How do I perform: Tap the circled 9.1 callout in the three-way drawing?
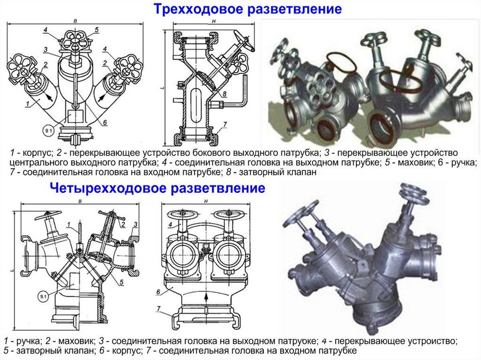(x=48, y=130)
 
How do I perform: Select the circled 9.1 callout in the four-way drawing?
(x=43, y=297)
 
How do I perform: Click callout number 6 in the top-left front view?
(x=105, y=123)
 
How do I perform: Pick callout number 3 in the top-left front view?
(x=46, y=50)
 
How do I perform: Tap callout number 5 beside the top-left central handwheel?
(x=97, y=30)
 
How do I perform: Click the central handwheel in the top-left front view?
(x=76, y=41)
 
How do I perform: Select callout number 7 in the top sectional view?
(x=225, y=124)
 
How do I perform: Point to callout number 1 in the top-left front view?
(x=28, y=104)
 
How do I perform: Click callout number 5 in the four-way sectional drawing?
(x=122, y=282)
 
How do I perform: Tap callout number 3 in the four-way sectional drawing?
(x=135, y=224)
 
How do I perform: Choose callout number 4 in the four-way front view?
(x=170, y=225)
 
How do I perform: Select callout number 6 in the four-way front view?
(x=158, y=292)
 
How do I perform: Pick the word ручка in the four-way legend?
(x=28, y=341)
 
